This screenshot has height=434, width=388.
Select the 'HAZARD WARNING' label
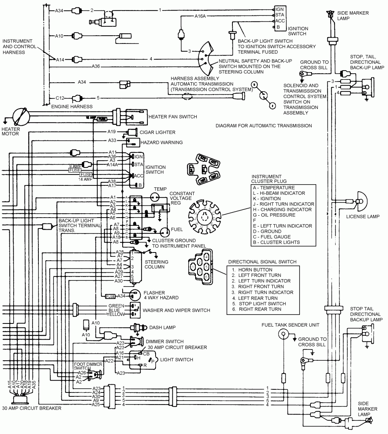[x=162, y=142]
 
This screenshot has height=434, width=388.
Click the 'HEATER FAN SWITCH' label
[x=173, y=116]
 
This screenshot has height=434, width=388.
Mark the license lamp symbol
[x=361, y=201]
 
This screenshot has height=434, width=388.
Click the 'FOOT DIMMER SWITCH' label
[x=88, y=367]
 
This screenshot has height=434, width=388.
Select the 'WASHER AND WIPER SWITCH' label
[x=177, y=310]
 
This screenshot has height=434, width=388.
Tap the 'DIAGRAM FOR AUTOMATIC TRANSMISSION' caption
[x=263, y=126]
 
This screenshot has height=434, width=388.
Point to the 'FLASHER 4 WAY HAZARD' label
[x=160, y=295]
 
